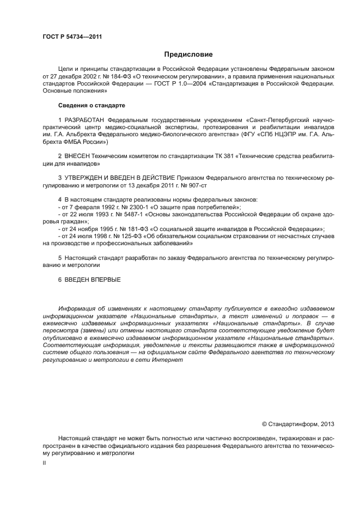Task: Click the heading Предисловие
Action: (188, 54)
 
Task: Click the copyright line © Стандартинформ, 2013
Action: (298, 424)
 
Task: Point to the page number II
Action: (44, 463)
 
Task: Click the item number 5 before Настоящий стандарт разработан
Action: (60, 257)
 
